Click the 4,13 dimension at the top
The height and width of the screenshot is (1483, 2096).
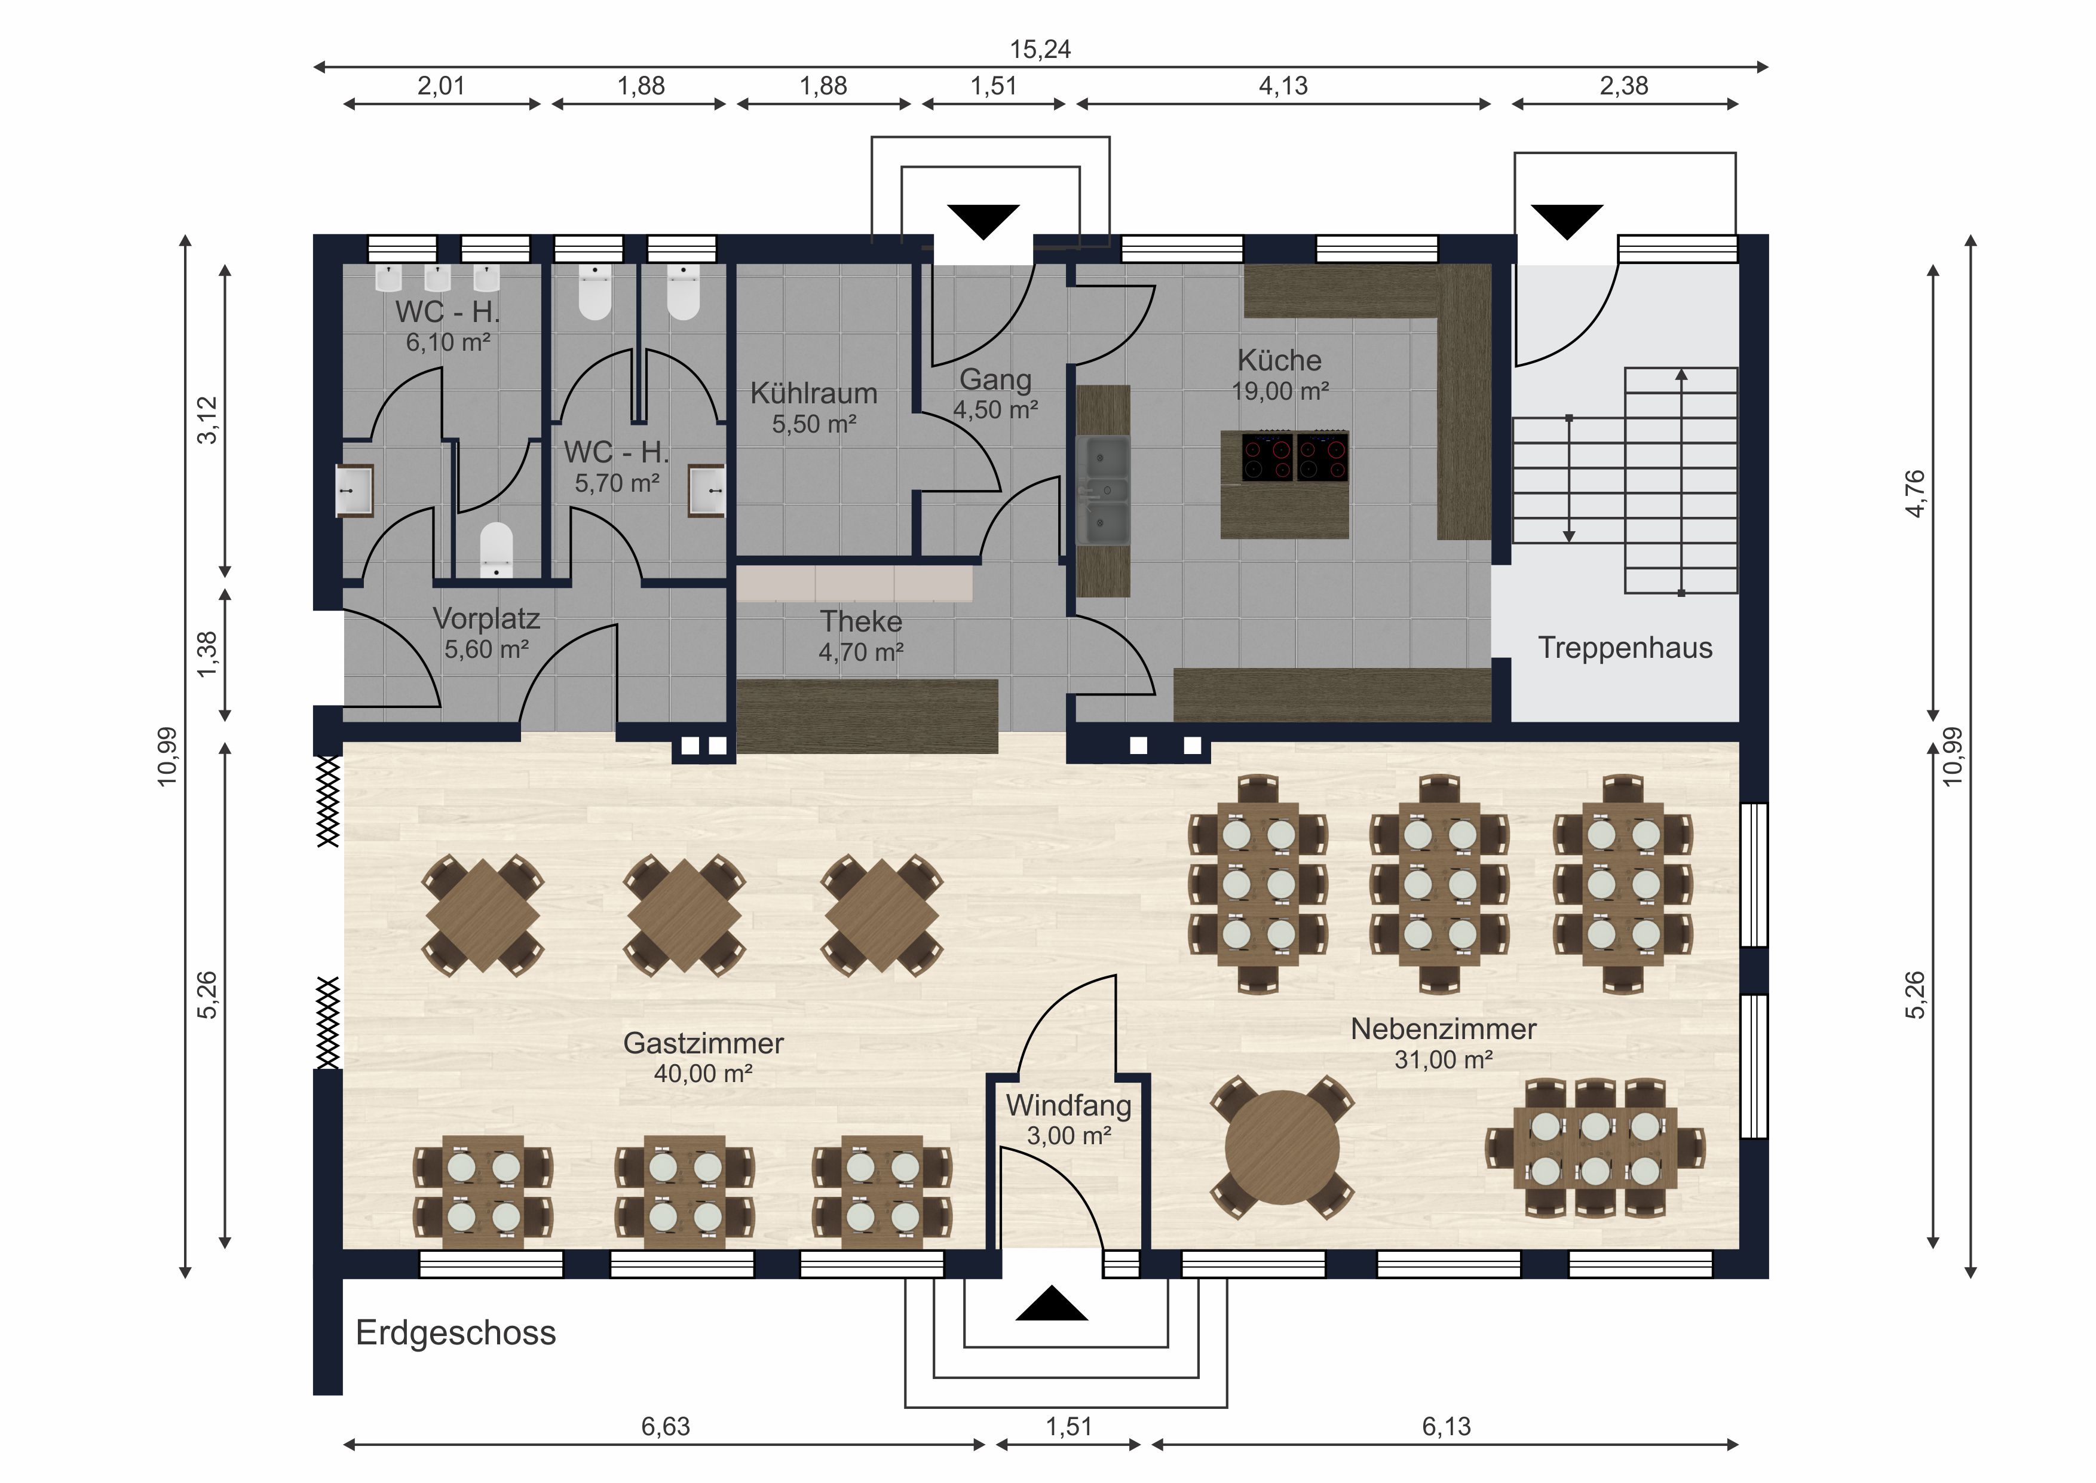(1283, 86)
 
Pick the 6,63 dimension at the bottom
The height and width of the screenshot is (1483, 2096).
(666, 1426)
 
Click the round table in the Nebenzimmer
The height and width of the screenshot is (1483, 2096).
(1282, 1147)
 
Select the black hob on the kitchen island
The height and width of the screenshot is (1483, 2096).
(1295, 456)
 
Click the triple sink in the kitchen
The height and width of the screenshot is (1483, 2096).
(1103, 491)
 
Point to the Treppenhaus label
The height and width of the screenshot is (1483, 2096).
(1625, 648)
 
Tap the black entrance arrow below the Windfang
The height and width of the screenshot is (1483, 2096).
(1052, 1303)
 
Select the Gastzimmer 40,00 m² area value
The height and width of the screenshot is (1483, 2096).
(703, 1073)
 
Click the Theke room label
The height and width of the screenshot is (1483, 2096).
(861, 622)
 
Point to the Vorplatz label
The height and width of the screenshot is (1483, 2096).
(486, 619)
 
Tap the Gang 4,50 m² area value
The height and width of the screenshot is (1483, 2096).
(996, 410)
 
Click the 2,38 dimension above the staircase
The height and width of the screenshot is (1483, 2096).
(1623, 86)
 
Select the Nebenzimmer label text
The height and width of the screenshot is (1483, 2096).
(1444, 1029)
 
